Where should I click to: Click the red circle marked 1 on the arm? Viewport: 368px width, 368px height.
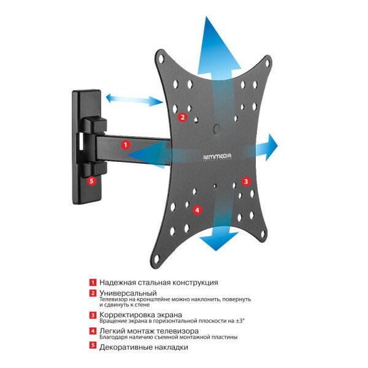pyautogui.click(x=126, y=145)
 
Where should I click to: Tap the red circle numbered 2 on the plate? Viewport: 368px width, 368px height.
pyautogui.click(x=182, y=117)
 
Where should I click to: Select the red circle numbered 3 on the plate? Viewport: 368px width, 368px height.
pyautogui.click(x=246, y=182)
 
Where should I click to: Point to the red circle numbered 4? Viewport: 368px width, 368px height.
pyautogui.click(x=197, y=210)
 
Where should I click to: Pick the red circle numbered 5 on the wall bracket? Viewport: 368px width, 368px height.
pyautogui.click(x=91, y=181)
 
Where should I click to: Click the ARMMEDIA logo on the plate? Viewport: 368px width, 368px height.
pyautogui.click(x=217, y=157)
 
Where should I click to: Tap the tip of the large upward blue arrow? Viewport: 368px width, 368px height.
pyautogui.click(x=207, y=17)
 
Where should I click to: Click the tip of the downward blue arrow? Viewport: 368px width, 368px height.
pyautogui.click(x=216, y=251)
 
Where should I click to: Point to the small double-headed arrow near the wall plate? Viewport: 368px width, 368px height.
pyautogui.click(x=134, y=100)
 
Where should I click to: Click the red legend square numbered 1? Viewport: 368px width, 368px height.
pyautogui.click(x=93, y=282)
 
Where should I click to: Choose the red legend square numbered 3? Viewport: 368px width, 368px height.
pyautogui.click(x=93, y=315)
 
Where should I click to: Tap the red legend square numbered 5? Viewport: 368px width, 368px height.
pyautogui.click(x=93, y=345)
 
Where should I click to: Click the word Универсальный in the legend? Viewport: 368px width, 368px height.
pyautogui.click(x=128, y=293)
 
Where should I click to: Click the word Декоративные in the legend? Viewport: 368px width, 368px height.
pyautogui.click(x=125, y=347)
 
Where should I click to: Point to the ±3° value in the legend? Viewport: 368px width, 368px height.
pyautogui.click(x=240, y=321)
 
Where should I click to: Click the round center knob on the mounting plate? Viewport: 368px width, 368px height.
pyautogui.click(x=217, y=128)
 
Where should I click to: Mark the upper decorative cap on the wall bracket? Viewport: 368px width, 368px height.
pyautogui.click(x=94, y=125)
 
